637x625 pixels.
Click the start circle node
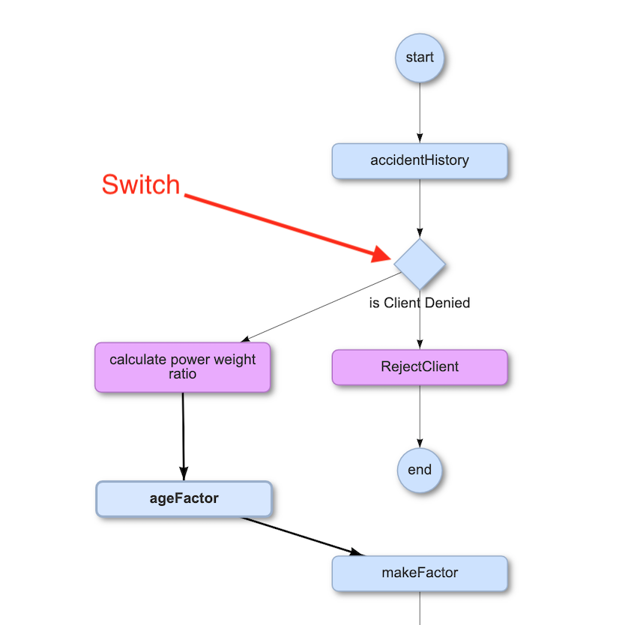tap(420, 58)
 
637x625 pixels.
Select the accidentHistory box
tap(420, 160)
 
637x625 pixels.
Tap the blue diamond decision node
tap(420, 264)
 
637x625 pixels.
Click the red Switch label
tap(141, 185)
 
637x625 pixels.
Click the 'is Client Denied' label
tap(420, 304)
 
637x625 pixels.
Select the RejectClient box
tap(420, 367)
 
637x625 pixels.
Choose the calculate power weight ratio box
tap(182, 367)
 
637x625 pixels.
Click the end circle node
tap(420, 471)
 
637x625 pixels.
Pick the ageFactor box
tap(183, 498)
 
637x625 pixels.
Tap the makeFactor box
tap(420, 573)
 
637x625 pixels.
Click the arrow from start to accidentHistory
tap(420, 112)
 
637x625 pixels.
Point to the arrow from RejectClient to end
tap(420, 416)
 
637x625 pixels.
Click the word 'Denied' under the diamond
tap(447, 304)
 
